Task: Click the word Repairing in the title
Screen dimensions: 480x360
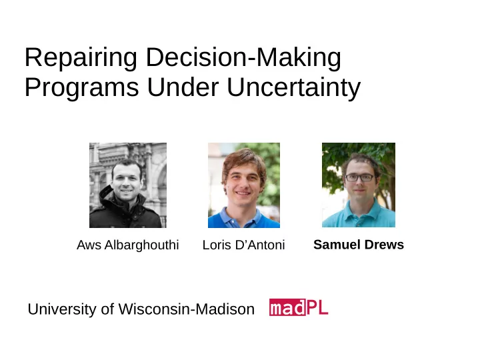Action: point(81,57)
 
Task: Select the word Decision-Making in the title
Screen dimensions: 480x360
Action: point(244,57)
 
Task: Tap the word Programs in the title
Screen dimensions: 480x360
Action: point(82,87)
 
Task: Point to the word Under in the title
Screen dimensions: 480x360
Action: point(183,87)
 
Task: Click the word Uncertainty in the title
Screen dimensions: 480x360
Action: point(294,88)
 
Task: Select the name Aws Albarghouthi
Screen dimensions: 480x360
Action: point(127,245)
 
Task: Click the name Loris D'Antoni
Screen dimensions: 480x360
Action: point(244,245)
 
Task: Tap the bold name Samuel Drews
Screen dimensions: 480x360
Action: point(359,245)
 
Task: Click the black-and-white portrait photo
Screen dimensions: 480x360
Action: point(128,185)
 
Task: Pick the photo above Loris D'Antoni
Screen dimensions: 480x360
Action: point(244,185)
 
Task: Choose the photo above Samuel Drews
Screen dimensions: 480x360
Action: point(359,185)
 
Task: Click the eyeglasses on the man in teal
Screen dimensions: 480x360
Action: point(360,177)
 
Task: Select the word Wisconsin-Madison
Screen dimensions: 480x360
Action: point(187,309)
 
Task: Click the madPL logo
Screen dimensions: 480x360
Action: point(299,307)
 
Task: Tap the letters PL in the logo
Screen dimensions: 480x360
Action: point(317,307)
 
